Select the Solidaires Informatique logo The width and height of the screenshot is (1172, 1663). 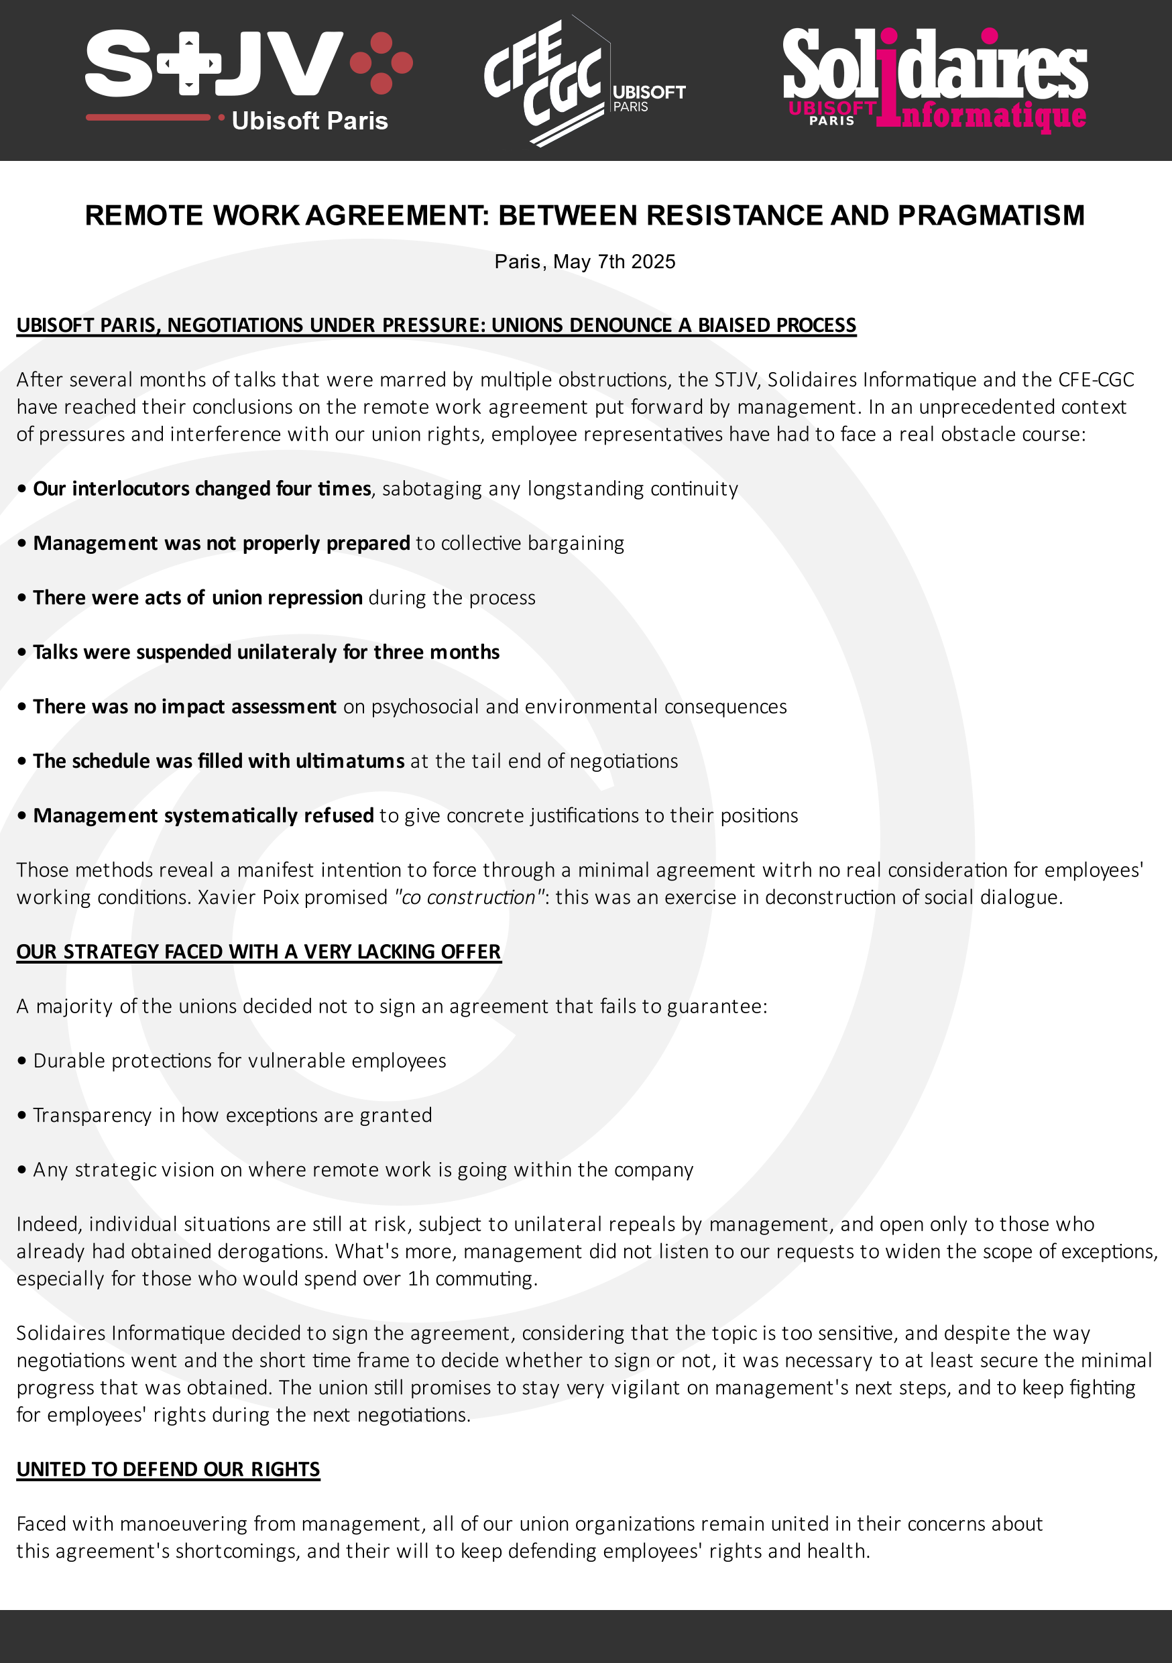pyautogui.click(x=935, y=80)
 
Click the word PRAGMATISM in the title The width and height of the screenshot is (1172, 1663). pyautogui.click(x=991, y=216)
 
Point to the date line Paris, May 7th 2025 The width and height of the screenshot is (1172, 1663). pyautogui.click(x=585, y=262)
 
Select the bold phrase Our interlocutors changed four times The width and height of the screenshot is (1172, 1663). pyautogui.click(x=201, y=489)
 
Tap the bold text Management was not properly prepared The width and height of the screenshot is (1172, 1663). pyautogui.click(x=221, y=543)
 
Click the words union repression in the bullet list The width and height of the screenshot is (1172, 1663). pyautogui.click(x=287, y=597)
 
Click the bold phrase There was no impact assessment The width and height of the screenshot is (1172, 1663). pyautogui.click(x=184, y=706)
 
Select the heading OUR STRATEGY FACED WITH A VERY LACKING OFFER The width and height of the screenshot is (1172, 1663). pyautogui.click(x=259, y=952)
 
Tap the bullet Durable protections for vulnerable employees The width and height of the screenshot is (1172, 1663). pyautogui.click(x=239, y=1060)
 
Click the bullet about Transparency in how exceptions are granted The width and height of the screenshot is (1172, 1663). pyautogui.click(x=232, y=1114)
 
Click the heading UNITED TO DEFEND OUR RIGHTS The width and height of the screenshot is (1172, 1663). pyautogui.click(x=168, y=1469)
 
